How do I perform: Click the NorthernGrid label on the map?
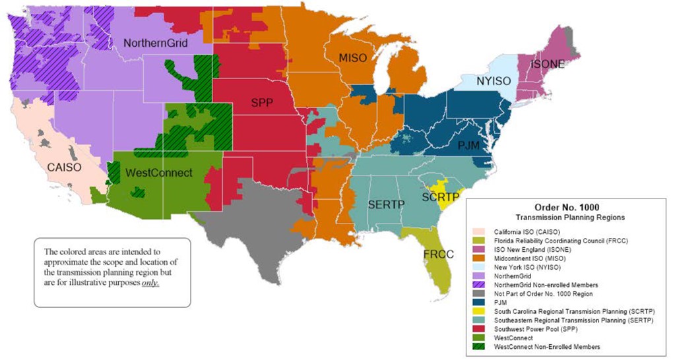coord(156,44)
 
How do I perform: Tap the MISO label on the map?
coord(352,58)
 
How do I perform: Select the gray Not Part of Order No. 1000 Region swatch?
coord(478,293)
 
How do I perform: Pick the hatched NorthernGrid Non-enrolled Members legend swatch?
coord(478,284)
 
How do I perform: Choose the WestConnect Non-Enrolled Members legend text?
coord(546,347)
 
